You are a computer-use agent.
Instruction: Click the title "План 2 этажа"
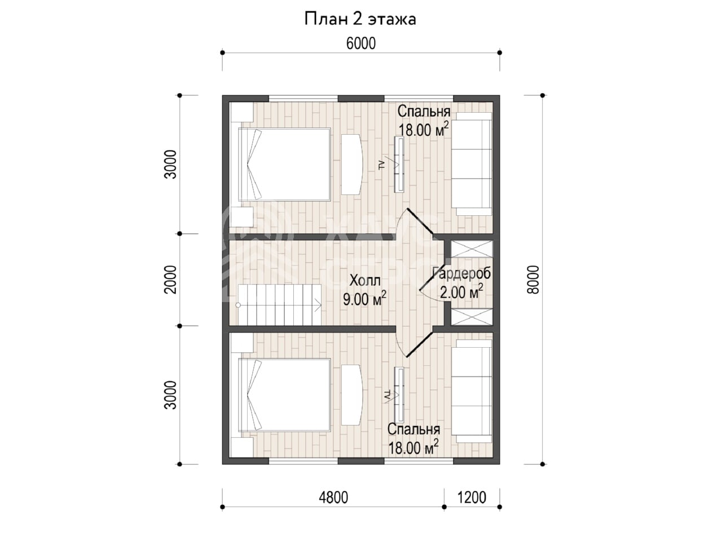point(360,19)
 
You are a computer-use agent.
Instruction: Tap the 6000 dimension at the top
point(361,44)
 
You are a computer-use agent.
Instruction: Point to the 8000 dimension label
point(533,280)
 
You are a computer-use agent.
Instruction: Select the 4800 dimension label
point(333,498)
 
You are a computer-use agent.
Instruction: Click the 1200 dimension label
point(472,498)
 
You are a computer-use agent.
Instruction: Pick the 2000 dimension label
point(171,280)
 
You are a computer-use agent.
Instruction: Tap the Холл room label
point(365,281)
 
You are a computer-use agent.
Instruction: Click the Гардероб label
point(462,273)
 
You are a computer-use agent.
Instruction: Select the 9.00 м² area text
point(364,299)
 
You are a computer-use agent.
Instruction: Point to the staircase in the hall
point(279,305)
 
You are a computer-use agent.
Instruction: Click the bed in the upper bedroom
point(284,164)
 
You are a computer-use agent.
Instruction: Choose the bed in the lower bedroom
point(284,395)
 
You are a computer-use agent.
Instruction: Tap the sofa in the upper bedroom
point(472,164)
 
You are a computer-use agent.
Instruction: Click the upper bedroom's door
point(420,221)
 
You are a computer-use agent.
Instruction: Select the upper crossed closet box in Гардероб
point(472,249)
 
